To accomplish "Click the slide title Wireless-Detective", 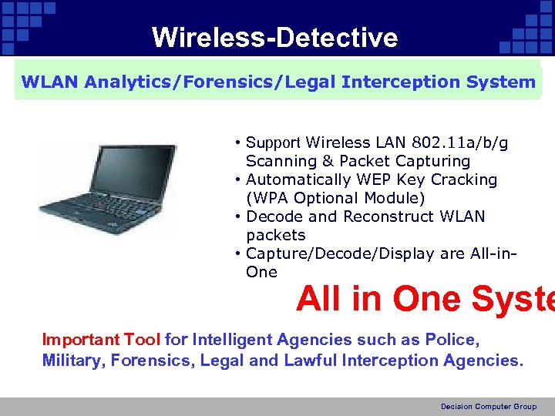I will (274, 37).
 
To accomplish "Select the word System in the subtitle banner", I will (500, 82).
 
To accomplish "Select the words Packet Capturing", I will (405, 161).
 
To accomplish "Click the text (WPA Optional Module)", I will (335, 198).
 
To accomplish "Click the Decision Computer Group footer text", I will (488, 407).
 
